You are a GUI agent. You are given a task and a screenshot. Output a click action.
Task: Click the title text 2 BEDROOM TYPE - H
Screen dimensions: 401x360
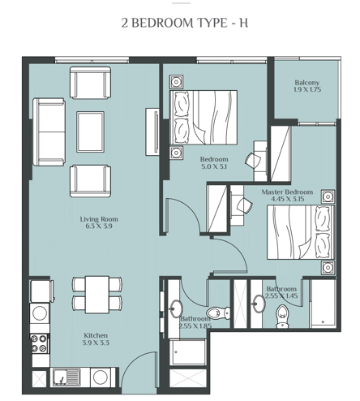pos(180,23)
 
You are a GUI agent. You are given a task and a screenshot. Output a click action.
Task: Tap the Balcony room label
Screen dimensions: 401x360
pos(306,83)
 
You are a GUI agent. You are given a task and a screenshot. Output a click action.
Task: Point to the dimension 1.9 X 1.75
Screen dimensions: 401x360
pos(306,91)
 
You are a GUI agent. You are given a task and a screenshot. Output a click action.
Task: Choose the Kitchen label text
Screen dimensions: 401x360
pos(96,335)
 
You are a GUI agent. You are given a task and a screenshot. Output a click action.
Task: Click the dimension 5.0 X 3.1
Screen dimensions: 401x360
pos(214,166)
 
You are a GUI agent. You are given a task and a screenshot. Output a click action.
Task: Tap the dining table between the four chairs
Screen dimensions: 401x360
pos(97,293)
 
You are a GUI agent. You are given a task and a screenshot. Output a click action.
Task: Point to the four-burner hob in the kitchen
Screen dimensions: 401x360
pos(38,343)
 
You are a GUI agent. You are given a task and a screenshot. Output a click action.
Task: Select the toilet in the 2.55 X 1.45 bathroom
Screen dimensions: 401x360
pos(282,313)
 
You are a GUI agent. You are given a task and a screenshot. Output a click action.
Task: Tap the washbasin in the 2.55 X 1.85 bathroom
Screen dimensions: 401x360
pos(176,309)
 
